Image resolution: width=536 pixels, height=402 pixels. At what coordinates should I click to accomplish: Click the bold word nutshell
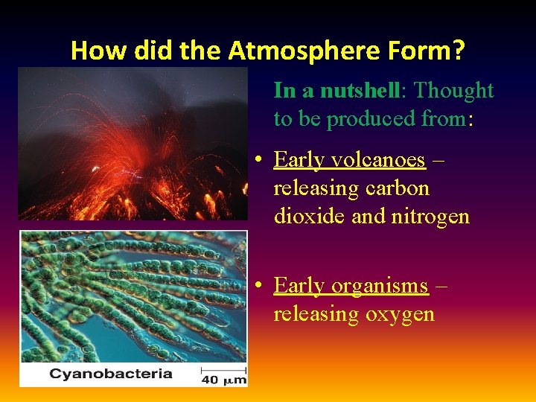click(x=360, y=90)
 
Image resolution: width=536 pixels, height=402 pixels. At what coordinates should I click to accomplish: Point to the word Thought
click(x=453, y=90)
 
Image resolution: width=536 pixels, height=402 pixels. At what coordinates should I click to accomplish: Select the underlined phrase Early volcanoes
click(x=349, y=160)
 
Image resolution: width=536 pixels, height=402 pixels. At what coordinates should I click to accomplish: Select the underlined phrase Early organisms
click(x=351, y=286)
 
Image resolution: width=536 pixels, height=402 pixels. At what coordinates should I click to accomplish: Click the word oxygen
click(x=400, y=314)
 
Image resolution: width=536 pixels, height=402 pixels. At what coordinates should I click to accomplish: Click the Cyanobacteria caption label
click(x=110, y=374)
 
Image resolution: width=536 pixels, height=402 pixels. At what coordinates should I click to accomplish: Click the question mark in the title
click(x=458, y=51)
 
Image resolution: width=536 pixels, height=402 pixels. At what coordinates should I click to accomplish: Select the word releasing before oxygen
click(x=316, y=314)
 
